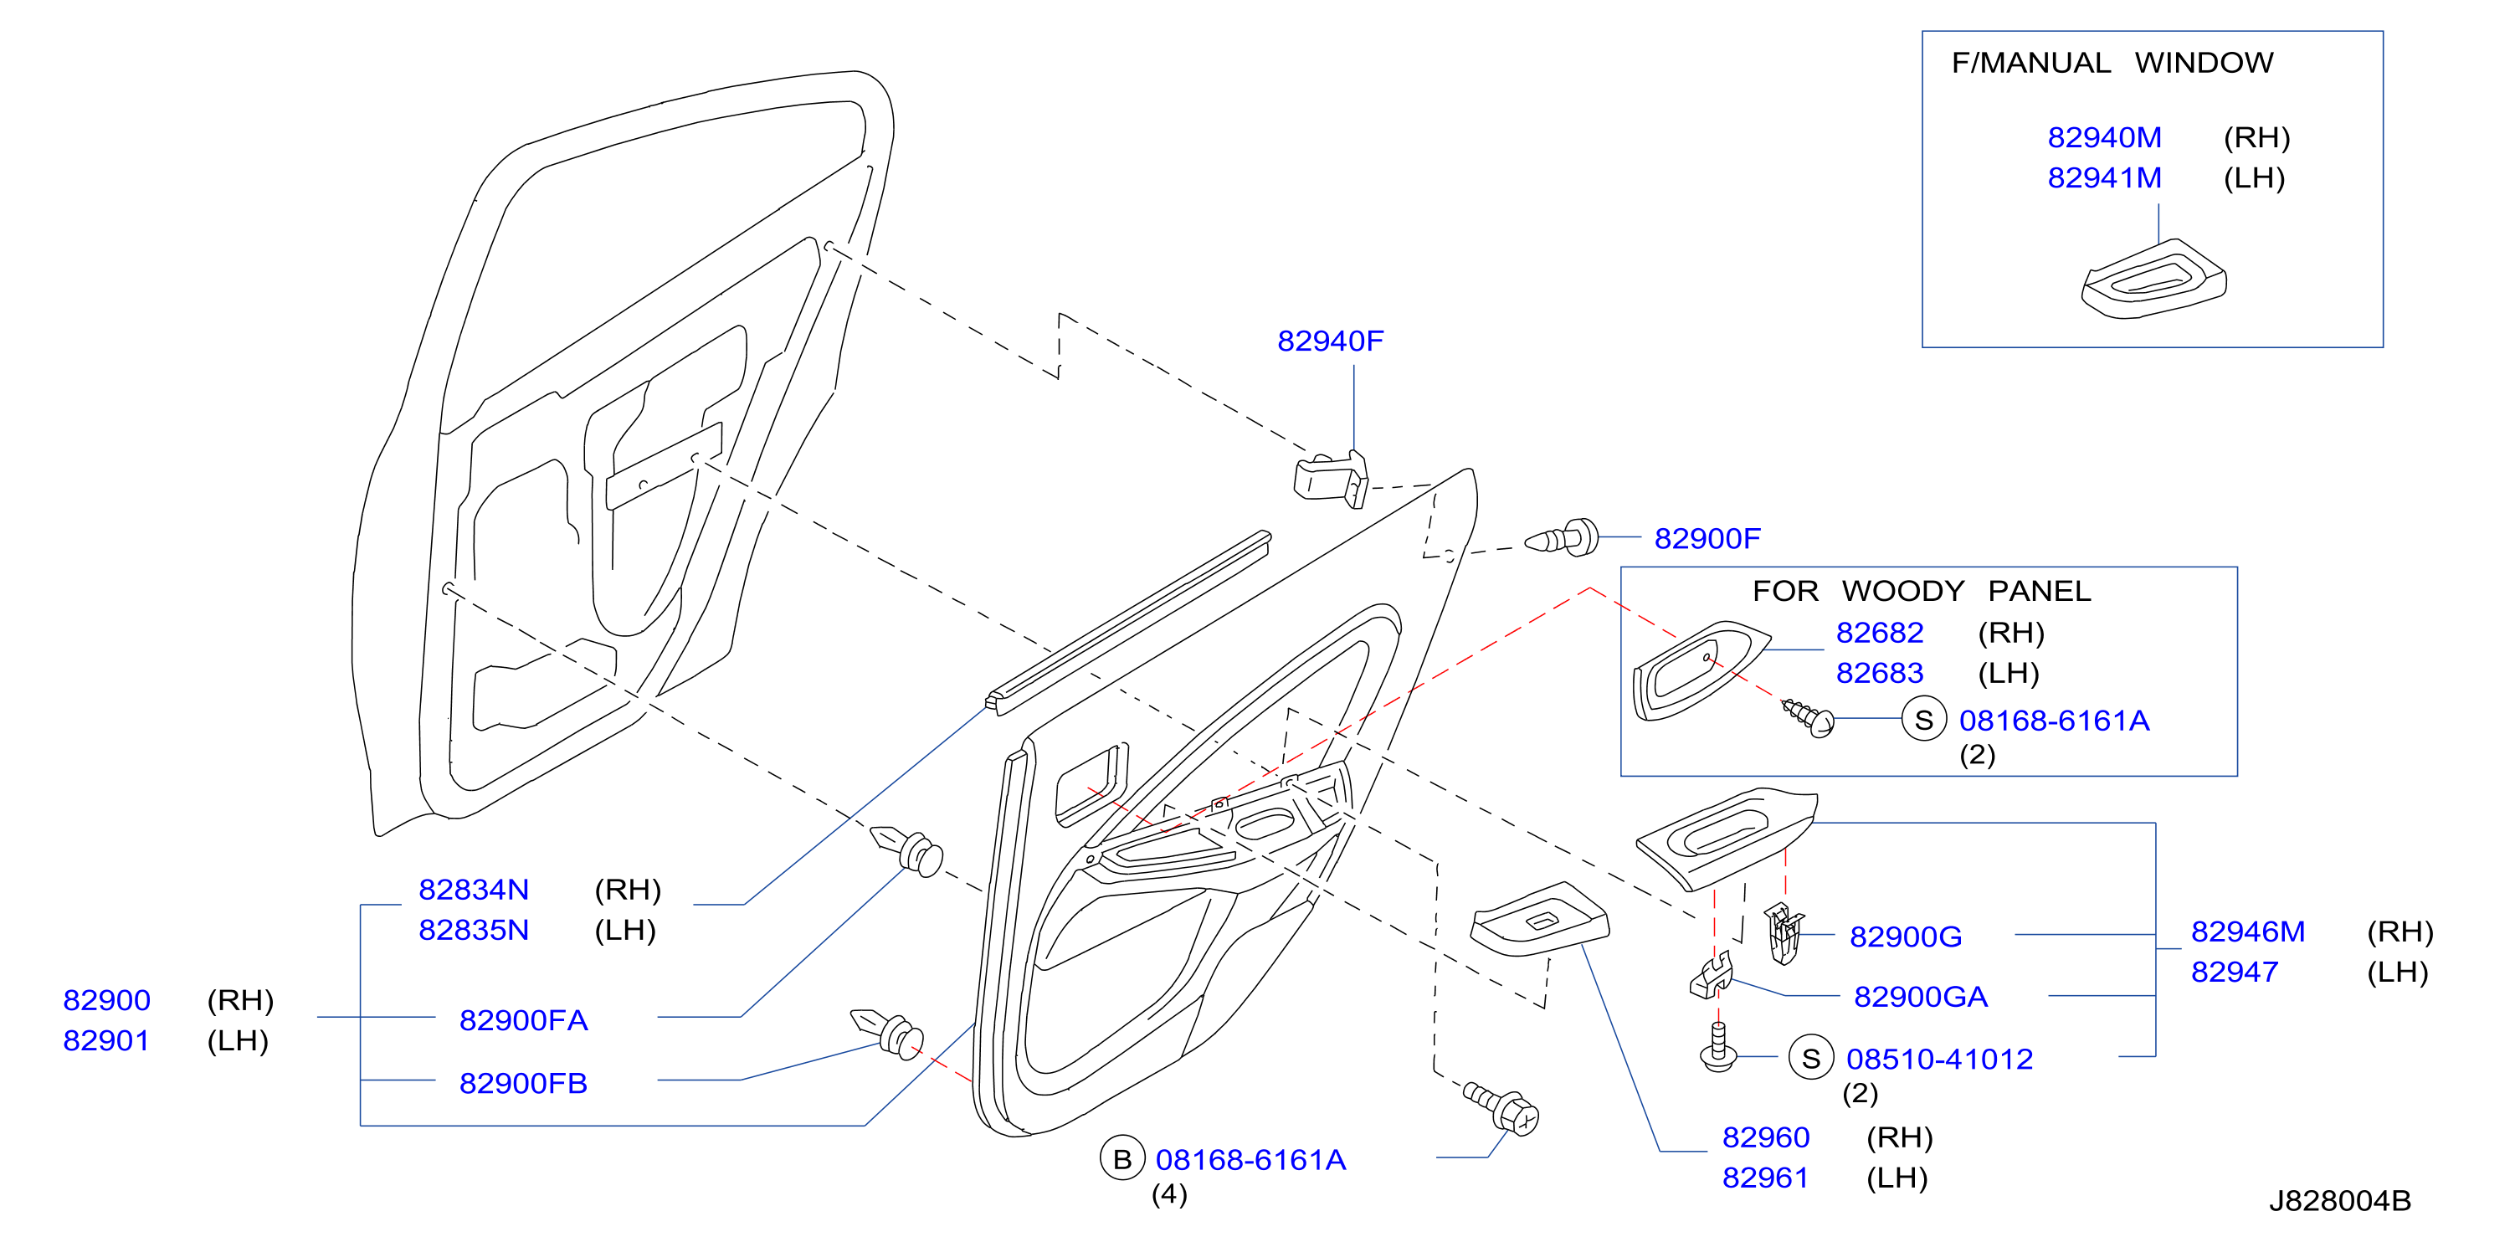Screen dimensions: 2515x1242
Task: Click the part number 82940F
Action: (x=1330, y=341)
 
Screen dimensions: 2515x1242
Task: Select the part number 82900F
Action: (x=1707, y=538)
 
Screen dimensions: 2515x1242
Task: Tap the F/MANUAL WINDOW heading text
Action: (x=2112, y=63)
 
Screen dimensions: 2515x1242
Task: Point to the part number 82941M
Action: (x=2104, y=177)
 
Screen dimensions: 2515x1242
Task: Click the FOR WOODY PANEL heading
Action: (x=1922, y=591)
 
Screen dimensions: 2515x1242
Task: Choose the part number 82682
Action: (x=1880, y=633)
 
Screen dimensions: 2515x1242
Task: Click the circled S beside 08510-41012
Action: (x=1811, y=1059)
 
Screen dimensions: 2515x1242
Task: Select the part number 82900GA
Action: (x=1921, y=997)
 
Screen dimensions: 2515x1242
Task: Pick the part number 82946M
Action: (x=2247, y=931)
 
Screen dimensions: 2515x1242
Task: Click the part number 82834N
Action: (x=474, y=890)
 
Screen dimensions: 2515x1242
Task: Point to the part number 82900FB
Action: (x=523, y=1083)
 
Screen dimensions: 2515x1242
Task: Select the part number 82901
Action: (x=106, y=1041)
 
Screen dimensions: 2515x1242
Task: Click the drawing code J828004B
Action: (x=2339, y=1201)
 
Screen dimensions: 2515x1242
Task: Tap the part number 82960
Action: (x=1765, y=1137)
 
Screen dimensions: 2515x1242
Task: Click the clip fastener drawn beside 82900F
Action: (x=1562, y=538)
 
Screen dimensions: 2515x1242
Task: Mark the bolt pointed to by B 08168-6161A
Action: (x=1501, y=1107)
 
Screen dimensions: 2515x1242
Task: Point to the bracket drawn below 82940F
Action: (x=1331, y=479)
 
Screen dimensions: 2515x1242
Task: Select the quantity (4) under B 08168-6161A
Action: (x=1168, y=1194)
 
